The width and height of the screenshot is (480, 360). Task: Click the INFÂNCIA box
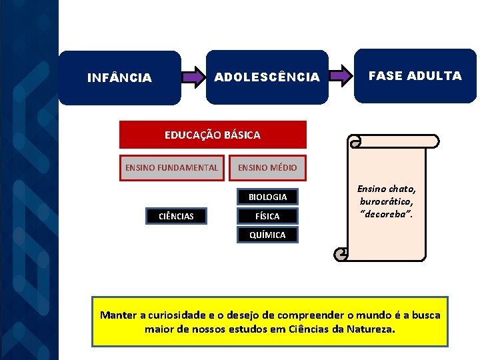(119, 78)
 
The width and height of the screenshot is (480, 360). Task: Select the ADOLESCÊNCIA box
(267, 77)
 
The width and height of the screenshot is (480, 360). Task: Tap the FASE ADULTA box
(415, 75)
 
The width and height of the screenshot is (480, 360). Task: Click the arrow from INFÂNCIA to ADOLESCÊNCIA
(193, 77)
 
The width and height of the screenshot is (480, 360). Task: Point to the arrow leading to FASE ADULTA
(341, 76)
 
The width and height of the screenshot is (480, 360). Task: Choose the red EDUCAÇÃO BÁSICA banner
(213, 135)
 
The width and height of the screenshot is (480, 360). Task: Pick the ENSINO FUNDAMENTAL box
(171, 167)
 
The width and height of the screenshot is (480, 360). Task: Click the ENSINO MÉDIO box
(267, 167)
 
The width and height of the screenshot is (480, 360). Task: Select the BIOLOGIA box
(267, 197)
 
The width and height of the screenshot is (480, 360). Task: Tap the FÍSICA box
(267, 216)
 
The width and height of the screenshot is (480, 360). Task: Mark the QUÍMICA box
(267, 235)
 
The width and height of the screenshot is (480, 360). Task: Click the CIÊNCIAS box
(177, 216)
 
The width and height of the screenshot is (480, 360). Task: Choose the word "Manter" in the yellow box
(118, 315)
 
